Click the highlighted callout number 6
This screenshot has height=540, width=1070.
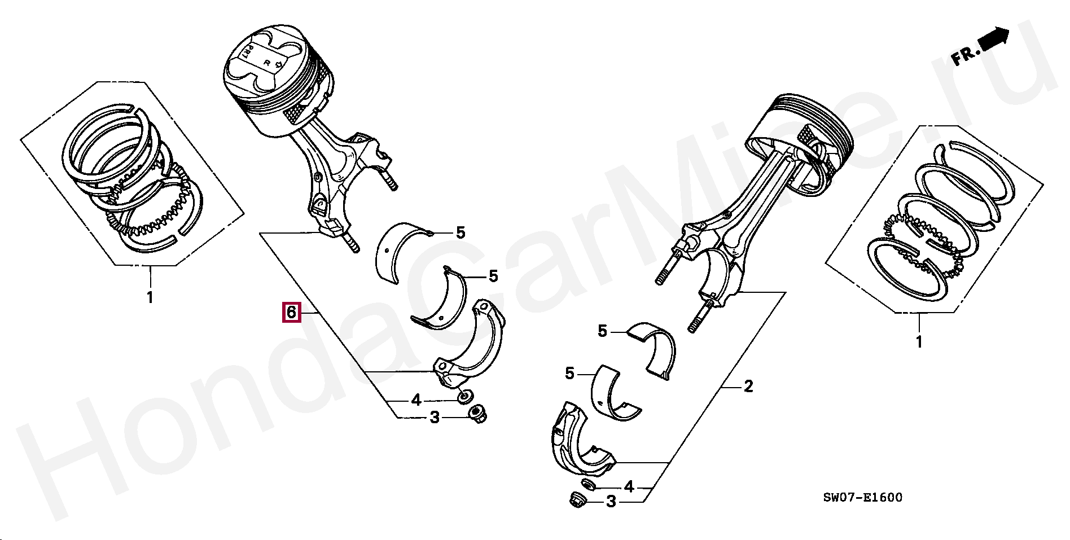(291, 311)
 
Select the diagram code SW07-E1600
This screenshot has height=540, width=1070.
(862, 497)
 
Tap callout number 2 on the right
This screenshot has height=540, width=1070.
(748, 387)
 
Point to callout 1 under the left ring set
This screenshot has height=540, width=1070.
(150, 297)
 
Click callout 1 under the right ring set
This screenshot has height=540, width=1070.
(918, 342)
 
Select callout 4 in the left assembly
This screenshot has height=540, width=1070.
(416, 400)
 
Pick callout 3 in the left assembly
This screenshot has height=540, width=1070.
(435, 418)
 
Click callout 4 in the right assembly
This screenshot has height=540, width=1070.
(629, 486)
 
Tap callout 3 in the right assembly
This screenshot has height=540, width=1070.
(611, 501)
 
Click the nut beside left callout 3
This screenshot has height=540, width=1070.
(478, 415)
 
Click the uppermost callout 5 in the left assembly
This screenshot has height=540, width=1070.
(461, 232)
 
